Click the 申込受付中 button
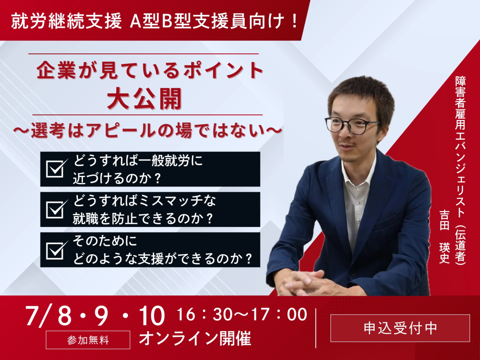(x=400, y=328)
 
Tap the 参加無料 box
(x=88, y=340)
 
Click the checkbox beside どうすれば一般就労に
(x=56, y=168)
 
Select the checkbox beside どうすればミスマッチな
(x=56, y=209)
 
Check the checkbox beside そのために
(x=56, y=250)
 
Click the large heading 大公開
(x=145, y=98)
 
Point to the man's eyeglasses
(x=352, y=125)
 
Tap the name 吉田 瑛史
(x=444, y=236)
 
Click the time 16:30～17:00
(x=242, y=315)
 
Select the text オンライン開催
(x=195, y=338)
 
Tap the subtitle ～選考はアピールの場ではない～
(x=147, y=131)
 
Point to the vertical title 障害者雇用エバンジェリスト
(x=460, y=146)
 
